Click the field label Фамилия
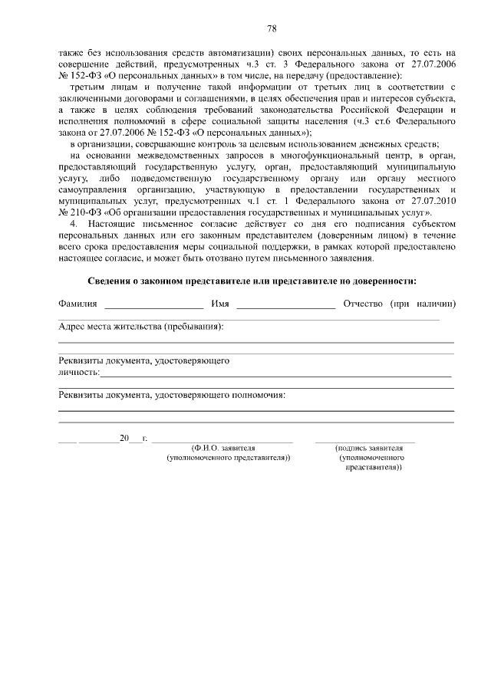(x=77, y=304)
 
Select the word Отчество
(x=363, y=304)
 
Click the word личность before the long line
(x=78, y=372)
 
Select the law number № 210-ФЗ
(x=78, y=212)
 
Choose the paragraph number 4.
(x=73, y=223)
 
